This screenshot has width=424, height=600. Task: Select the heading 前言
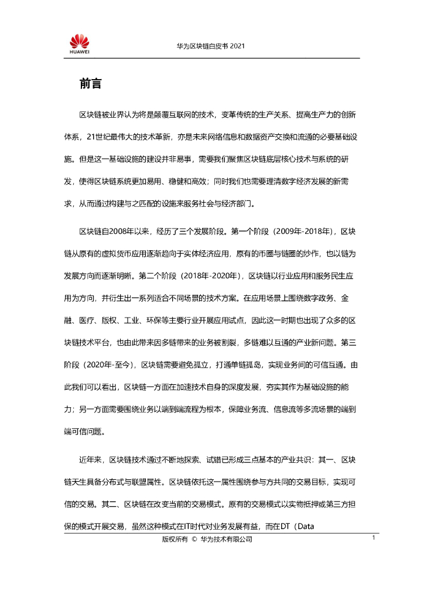pyautogui.click(x=91, y=84)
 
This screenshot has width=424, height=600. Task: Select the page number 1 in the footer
pyautogui.click(x=373, y=537)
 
